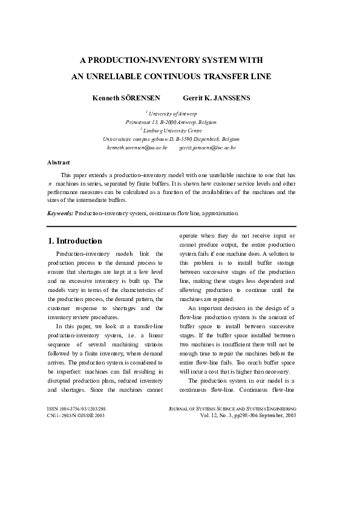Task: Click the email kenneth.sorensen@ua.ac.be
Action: click(137, 147)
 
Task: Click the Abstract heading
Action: click(59, 162)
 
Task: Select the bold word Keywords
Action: click(61, 213)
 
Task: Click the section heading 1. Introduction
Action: click(76, 241)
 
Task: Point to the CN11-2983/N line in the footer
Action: click(76, 416)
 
